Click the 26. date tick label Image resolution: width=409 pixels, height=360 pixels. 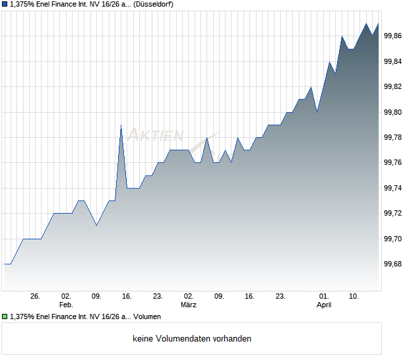tap(36, 297)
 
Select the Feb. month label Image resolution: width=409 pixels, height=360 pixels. tap(66, 305)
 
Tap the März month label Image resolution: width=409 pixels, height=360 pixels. tap(189, 305)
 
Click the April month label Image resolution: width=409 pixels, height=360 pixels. tap(324, 305)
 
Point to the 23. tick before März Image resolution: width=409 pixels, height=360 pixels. tap(158, 297)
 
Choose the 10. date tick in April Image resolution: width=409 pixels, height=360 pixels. tap(354, 297)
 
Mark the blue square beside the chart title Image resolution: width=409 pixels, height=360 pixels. tap(5, 5)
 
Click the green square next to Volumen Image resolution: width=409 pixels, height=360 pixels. tap(5, 316)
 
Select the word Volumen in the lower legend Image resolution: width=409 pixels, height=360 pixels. tap(147, 316)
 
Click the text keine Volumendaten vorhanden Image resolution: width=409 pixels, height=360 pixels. tap(192, 339)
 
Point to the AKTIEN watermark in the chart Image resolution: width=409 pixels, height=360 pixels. tap(156, 136)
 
